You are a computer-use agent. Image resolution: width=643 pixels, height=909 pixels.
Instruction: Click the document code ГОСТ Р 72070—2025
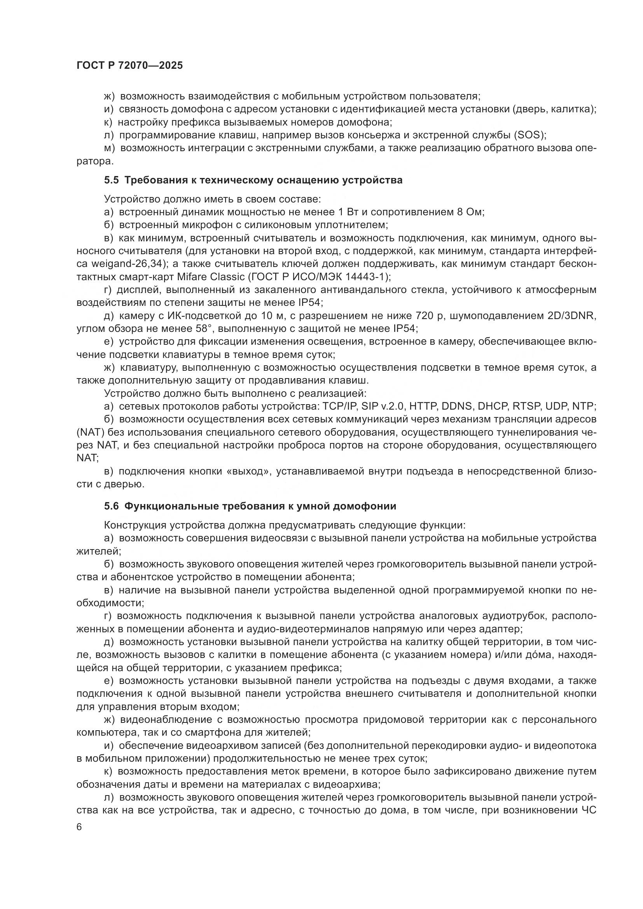[129, 66]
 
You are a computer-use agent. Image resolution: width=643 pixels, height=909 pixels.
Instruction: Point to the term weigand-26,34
[126, 263]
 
